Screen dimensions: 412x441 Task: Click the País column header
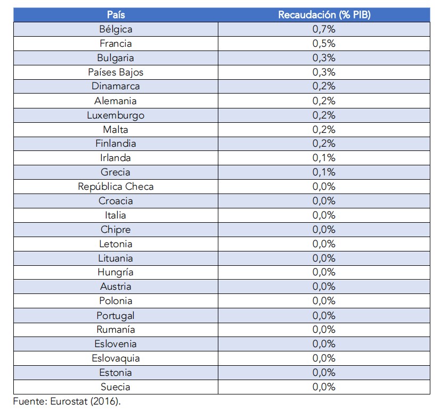click(x=116, y=15)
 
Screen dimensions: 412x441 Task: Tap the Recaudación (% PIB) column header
click(x=324, y=15)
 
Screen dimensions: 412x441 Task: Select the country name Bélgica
click(x=116, y=29)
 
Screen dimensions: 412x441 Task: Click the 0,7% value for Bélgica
click(x=324, y=29)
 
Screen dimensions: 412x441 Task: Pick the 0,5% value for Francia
click(x=324, y=44)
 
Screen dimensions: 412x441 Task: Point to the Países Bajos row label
click(x=116, y=72)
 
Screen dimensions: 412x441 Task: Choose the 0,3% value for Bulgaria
click(x=324, y=58)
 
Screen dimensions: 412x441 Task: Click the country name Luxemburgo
click(x=116, y=115)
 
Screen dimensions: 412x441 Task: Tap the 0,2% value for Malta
click(x=324, y=129)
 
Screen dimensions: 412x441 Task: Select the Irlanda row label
click(x=116, y=158)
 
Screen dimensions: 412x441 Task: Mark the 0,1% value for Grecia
click(x=324, y=172)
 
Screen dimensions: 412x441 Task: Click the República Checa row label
click(x=116, y=187)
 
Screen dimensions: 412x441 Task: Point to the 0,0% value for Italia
click(x=324, y=215)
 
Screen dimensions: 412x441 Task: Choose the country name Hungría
click(x=116, y=272)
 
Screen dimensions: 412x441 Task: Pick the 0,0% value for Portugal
click(x=324, y=315)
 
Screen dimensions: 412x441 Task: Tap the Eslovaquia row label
click(x=116, y=358)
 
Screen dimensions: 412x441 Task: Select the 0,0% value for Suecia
click(x=324, y=387)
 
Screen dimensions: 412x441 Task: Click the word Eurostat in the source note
click(x=68, y=401)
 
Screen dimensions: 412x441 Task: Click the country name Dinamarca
click(x=116, y=87)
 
